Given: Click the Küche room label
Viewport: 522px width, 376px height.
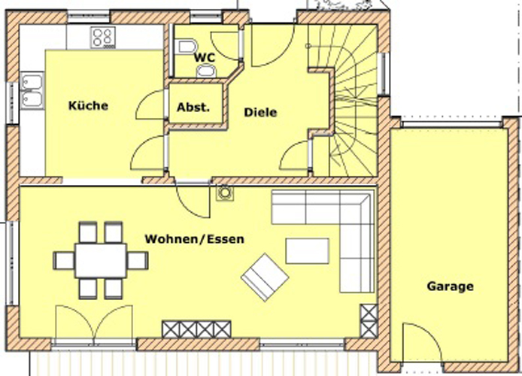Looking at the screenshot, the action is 88,106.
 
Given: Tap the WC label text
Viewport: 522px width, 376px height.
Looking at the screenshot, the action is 205,58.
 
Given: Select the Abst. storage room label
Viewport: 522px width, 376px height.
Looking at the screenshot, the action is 193,107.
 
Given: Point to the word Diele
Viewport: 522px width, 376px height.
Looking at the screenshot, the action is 260,112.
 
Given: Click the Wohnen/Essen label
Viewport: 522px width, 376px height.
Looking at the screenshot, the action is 194,239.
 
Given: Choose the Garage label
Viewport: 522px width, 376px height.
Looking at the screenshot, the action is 450,287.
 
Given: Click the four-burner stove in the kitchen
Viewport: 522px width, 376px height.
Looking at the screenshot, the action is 103,38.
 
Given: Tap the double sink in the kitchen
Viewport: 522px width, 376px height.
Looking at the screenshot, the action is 32,91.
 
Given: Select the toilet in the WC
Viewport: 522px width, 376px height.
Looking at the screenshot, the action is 187,47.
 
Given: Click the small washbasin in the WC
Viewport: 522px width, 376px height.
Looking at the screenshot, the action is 206,71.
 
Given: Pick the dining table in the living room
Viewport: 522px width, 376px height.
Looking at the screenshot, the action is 101,260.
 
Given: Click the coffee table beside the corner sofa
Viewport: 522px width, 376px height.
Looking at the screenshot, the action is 308,251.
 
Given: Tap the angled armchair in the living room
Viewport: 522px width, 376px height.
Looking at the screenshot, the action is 265,277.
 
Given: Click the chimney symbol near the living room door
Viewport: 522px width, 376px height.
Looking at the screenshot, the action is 225,193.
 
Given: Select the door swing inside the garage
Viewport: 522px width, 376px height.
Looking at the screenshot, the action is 422,342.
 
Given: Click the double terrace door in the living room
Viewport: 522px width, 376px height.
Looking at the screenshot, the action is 94,324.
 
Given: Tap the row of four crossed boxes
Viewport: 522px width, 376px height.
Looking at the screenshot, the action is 196,329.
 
